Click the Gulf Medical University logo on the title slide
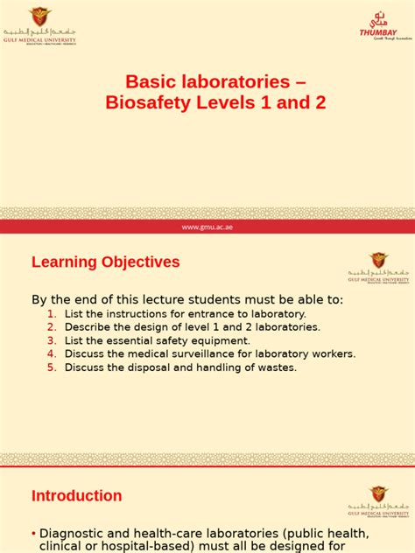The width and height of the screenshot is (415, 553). click(39, 27)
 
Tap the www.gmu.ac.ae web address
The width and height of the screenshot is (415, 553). click(207, 227)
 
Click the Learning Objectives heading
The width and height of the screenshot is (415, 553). click(106, 262)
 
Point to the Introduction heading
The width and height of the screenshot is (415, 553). click(77, 496)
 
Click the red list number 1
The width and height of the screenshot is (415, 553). click(52, 313)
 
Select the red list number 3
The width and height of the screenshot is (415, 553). click(52, 340)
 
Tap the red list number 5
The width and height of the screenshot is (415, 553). click(52, 367)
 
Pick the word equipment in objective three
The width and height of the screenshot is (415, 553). click(222, 340)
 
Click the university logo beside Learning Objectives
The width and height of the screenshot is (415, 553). click(377, 266)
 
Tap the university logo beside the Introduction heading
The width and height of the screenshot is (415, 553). click(377, 500)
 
